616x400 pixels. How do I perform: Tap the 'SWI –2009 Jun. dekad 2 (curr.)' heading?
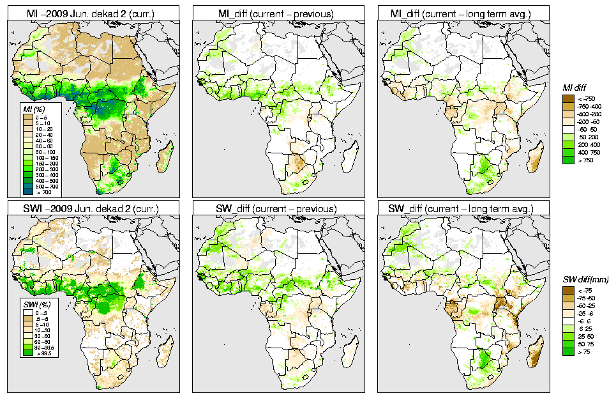click(x=93, y=208)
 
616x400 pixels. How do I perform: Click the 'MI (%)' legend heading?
click(x=31, y=110)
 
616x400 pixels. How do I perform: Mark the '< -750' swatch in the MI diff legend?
click(x=568, y=99)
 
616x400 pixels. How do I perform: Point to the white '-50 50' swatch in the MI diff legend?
click(x=568, y=129)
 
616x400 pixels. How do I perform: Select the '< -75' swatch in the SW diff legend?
click(x=568, y=290)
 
